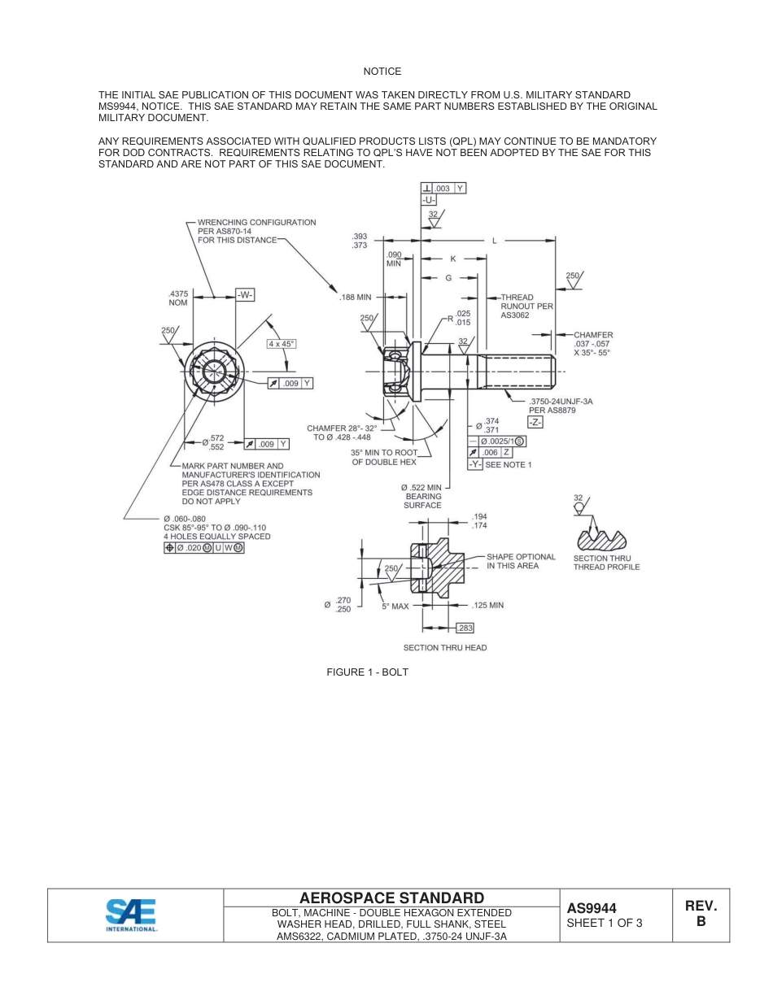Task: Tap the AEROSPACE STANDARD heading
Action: tap(391, 898)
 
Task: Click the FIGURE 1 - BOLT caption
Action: tap(367, 672)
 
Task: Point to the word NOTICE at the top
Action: tap(382, 72)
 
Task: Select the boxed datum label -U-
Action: tap(430, 200)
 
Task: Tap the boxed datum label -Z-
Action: tap(535, 423)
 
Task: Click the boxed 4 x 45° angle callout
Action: tap(282, 344)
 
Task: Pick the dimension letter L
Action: tap(494, 240)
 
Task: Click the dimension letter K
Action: tap(453, 259)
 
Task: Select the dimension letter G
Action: tap(448, 278)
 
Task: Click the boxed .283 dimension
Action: tap(465, 628)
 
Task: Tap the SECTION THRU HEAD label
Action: tap(445, 648)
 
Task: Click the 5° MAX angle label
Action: tap(395, 607)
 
